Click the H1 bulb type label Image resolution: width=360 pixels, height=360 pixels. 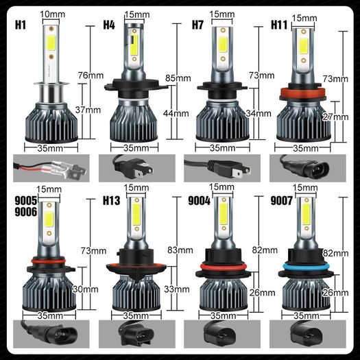tap(21, 25)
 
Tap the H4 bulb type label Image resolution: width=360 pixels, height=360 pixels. tap(109, 25)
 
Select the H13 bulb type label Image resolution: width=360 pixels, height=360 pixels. tap(111, 200)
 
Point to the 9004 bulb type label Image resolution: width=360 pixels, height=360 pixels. tap(199, 200)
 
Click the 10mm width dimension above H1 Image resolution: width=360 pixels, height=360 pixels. tap(52, 14)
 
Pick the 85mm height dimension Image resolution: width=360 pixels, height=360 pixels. tap(178, 78)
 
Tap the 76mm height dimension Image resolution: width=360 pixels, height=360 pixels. tap(91, 75)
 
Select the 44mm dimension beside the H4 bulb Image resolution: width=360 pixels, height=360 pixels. tap(176, 113)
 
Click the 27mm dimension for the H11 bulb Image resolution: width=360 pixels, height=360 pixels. tap(335, 117)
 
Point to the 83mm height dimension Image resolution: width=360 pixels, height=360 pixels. tap(180, 250)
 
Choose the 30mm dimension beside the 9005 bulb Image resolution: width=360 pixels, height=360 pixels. tap(86, 289)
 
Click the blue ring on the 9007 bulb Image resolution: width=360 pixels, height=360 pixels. tap(307, 267)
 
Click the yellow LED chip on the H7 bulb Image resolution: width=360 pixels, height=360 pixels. tap(222, 45)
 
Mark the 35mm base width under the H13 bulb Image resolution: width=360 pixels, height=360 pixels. tap(136, 315)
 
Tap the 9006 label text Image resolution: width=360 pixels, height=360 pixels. tap(26, 212)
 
